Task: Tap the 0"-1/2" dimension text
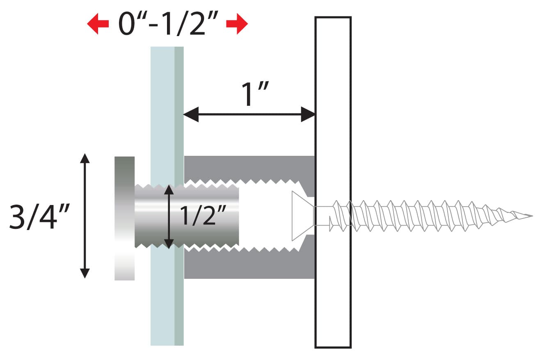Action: [167, 25]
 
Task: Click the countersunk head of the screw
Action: [302, 216]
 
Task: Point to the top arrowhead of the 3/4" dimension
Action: [85, 158]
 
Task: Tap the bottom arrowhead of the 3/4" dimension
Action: [85, 273]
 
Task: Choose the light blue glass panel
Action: [162, 103]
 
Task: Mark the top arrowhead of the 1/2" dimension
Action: [168, 190]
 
